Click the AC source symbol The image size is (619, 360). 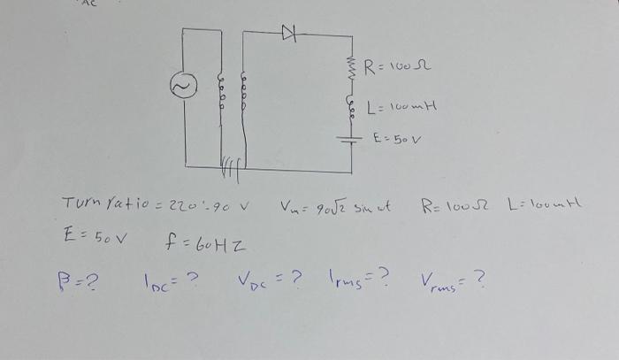point(182,86)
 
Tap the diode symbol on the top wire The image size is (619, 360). point(287,33)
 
